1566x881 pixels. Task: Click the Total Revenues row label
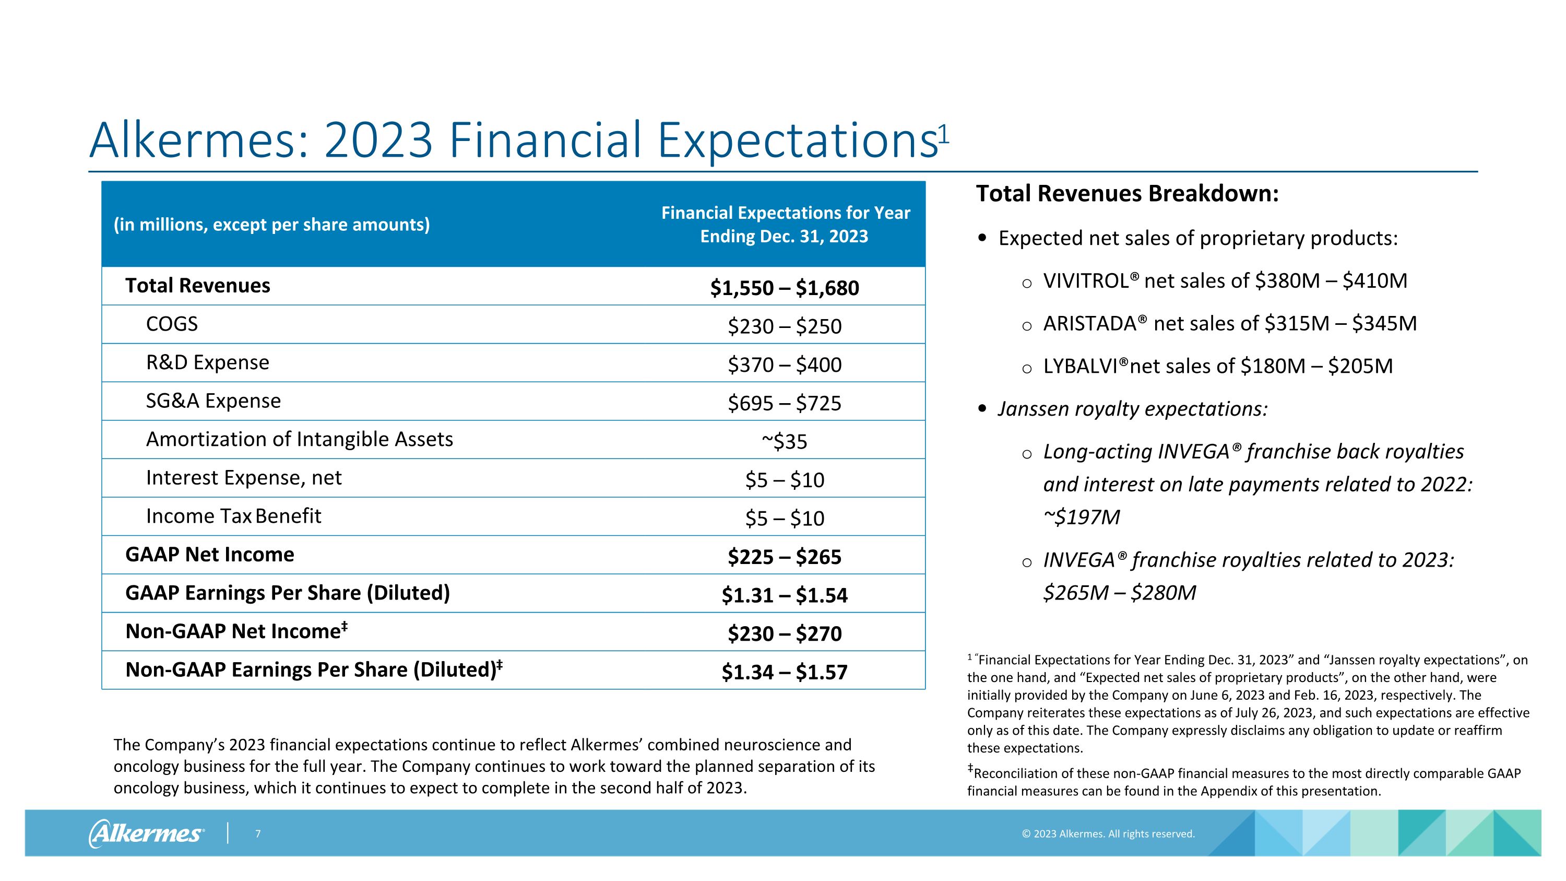(197, 286)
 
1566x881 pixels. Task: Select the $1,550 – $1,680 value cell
(784, 288)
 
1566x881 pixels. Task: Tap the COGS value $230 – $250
(784, 326)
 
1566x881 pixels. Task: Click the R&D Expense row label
(207, 362)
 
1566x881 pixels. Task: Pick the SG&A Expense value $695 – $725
(784, 403)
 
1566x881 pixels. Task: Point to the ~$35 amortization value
(784, 441)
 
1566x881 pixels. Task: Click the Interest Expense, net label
(243, 478)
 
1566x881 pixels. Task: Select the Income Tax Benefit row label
(233, 516)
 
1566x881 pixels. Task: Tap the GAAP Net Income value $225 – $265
(784, 557)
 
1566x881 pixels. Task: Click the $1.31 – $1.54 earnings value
(784, 595)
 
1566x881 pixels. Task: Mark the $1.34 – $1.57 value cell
(784, 672)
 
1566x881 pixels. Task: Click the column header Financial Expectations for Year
(786, 213)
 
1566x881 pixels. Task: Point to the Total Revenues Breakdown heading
(1127, 193)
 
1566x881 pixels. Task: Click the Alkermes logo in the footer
(147, 833)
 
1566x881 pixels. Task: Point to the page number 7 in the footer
(258, 833)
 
